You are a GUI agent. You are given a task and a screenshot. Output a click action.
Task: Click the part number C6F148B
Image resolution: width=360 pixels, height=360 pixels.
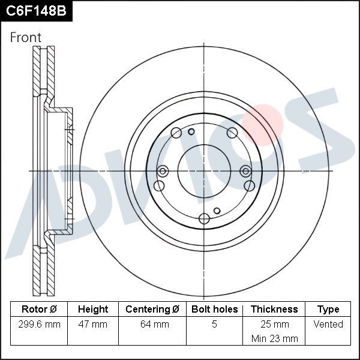tap(35, 10)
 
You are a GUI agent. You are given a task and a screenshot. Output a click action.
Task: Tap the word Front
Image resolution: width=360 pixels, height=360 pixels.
tap(26, 37)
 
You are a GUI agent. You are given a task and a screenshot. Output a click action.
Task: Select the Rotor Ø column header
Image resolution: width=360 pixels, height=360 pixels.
tap(39, 310)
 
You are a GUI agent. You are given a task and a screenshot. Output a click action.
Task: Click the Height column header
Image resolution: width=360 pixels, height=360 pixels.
tap(93, 310)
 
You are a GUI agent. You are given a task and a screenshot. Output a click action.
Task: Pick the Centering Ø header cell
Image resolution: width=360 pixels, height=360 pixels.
tap(152, 310)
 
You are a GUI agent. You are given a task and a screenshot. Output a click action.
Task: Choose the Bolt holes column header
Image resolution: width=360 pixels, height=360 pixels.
tap(214, 310)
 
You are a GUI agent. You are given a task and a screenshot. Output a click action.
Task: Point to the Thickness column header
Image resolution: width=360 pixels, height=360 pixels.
tap(274, 310)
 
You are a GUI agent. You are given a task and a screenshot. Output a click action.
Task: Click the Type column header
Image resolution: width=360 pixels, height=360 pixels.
tap(328, 310)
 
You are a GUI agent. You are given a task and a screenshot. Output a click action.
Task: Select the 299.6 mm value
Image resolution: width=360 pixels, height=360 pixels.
tap(40, 325)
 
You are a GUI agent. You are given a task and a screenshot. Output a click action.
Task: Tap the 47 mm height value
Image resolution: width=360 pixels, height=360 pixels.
tap(93, 325)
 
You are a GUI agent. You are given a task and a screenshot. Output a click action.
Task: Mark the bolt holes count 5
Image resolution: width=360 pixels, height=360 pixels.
tap(214, 325)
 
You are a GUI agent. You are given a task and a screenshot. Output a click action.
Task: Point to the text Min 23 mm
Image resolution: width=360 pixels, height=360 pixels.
tap(274, 338)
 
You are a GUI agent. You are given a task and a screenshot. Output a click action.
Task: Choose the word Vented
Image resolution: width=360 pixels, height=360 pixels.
tap(328, 325)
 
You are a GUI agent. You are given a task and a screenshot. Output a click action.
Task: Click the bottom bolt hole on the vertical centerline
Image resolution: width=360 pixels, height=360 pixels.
tap(205, 218)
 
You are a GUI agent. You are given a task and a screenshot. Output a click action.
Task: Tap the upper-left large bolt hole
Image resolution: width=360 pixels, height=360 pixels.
tap(176, 133)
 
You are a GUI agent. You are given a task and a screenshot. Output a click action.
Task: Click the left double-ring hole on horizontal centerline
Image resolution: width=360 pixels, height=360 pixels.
tap(162, 171)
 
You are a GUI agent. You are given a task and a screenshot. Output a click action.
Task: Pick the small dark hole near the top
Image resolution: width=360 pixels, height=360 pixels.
tap(191, 132)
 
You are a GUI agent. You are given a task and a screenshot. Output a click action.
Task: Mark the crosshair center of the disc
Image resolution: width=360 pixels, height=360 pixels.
tap(205, 171)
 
